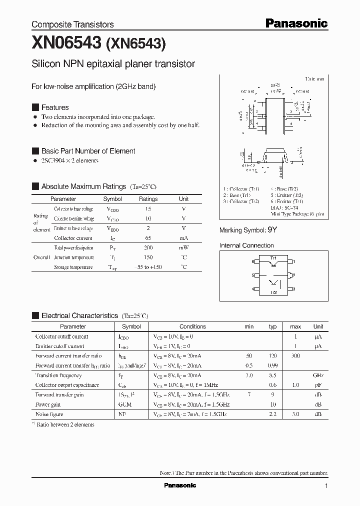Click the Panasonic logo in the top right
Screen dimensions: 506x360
pos(296,23)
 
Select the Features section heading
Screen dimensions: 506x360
pos(54,107)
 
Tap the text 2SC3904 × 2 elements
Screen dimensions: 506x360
pos(69,160)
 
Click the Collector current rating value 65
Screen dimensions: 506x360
pos(148,238)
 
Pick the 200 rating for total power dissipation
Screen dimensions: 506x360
pos(148,248)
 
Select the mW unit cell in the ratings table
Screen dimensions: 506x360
pos(183,248)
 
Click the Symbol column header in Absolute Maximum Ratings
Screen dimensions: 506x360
pos(112,199)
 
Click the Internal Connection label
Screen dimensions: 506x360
pos(246,245)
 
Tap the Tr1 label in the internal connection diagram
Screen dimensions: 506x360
pos(273,258)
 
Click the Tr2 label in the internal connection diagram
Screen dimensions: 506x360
pos(273,292)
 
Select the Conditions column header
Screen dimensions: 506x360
pos(192,326)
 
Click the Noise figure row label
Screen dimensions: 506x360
pos(48,414)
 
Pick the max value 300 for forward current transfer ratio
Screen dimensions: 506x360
pos(295,356)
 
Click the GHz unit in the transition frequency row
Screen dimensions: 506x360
pos(318,375)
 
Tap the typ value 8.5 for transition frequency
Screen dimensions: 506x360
pos(272,375)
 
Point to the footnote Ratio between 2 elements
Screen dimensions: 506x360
pos(64,424)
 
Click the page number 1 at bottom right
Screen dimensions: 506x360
pos(326,486)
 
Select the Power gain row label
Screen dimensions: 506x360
pos(47,404)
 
